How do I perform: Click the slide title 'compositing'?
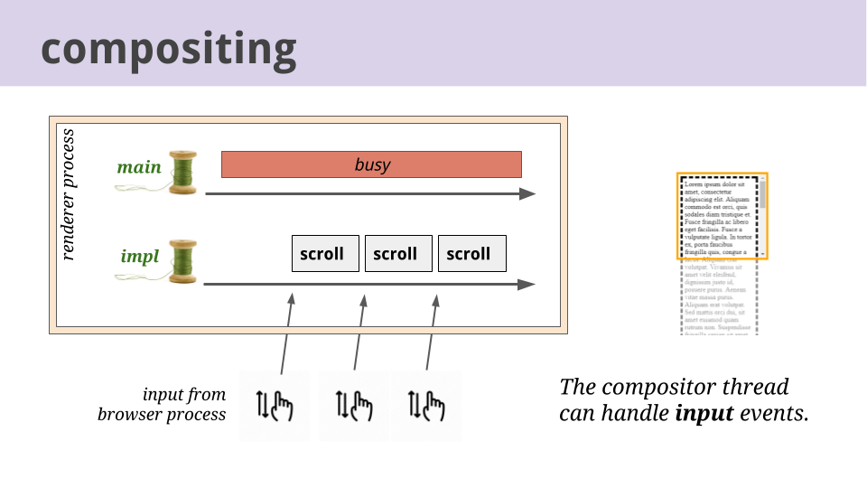[168, 48]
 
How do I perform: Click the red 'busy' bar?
[371, 164]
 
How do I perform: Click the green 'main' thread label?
[139, 167]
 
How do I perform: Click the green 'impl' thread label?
[140, 257]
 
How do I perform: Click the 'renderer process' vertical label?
[69, 194]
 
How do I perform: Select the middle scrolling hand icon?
[353, 406]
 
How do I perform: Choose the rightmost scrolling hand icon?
[427, 406]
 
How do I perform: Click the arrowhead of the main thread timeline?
[527, 194]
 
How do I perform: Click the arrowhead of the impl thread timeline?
[527, 285]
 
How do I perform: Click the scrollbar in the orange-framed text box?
[763, 217]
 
